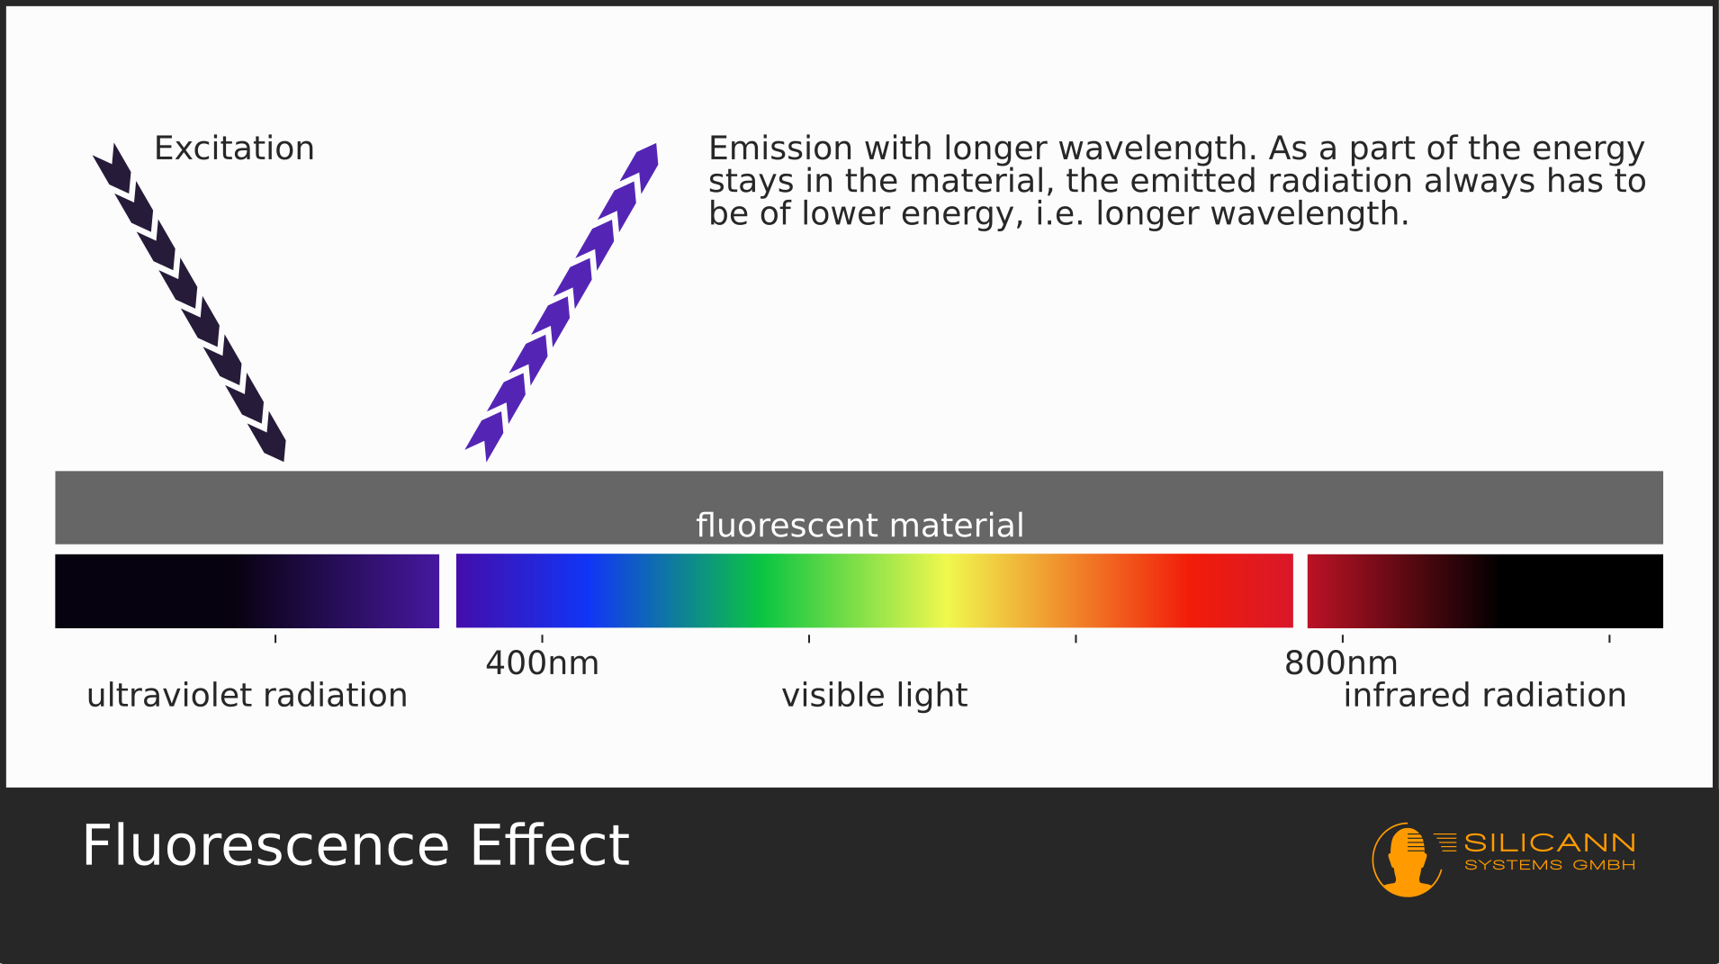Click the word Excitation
point(234,149)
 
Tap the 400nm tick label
point(542,663)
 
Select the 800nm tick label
point(1341,663)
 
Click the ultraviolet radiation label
point(247,696)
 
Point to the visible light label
point(874,696)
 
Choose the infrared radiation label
point(1485,696)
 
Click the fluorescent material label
point(859,525)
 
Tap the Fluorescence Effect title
point(355,845)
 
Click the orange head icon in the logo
point(1408,860)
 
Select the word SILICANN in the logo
point(1549,842)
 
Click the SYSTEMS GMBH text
point(1549,865)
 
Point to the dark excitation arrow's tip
point(283,462)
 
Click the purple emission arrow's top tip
point(656,144)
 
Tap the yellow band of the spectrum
point(945,590)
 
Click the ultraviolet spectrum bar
point(247,590)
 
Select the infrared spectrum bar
point(1485,590)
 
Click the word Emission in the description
point(780,149)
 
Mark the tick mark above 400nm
point(542,639)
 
